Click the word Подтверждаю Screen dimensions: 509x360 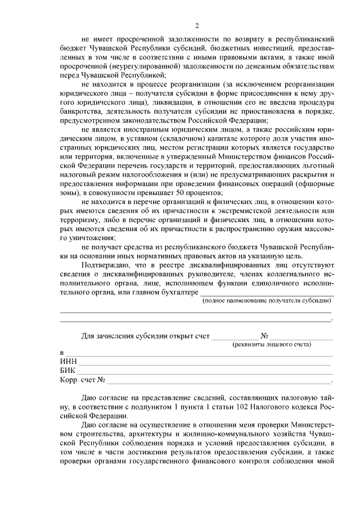(x=106, y=264)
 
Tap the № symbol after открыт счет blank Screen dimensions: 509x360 (x=264, y=336)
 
